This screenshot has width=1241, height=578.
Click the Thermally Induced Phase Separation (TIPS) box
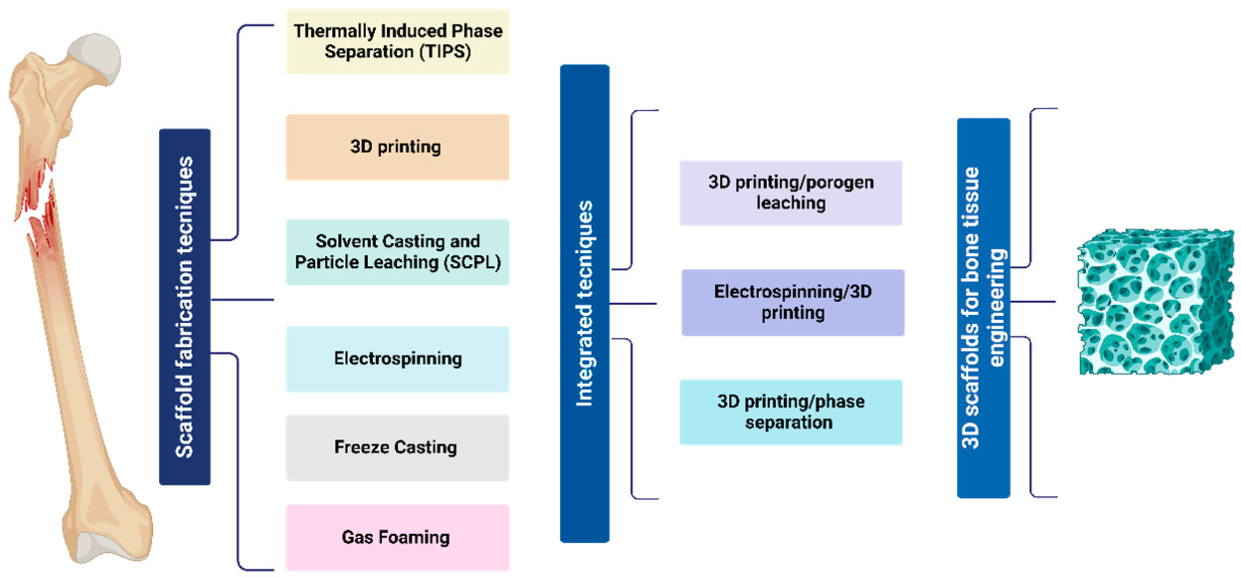[x=397, y=42]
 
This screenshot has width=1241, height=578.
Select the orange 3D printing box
[x=397, y=147]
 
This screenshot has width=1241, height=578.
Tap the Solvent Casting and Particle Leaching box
[x=397, y=251]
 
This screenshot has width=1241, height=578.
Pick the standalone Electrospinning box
[x=397, y=359]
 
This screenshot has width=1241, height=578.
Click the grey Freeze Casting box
[x=397, y=448]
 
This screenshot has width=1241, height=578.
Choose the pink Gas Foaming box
[x=397, y=537]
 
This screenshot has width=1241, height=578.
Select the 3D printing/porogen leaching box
[x=790, y=193]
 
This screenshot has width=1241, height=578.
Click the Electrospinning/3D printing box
[x=792, y=302]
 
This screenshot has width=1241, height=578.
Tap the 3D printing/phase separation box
[x=790, y=412]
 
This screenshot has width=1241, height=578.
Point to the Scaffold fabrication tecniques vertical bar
[x=185, y=306]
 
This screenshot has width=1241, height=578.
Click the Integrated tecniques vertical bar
[x=584, y=304]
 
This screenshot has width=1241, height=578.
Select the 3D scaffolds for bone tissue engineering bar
[x=983, y=308]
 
